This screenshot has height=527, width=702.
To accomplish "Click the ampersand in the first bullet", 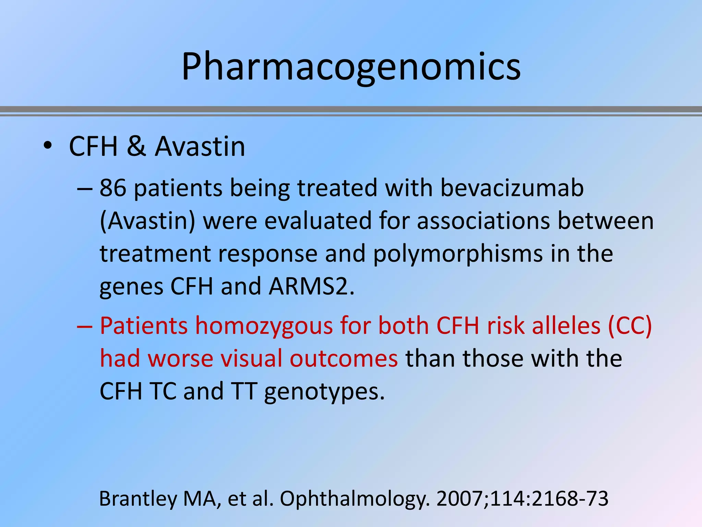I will coord(136,147).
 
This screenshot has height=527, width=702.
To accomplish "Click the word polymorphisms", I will coord(458,255).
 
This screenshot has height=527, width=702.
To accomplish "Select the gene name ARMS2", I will coord(311,286).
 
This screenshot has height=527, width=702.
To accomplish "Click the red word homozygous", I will coord(264,326).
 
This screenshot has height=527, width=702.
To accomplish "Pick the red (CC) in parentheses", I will coord(630,326).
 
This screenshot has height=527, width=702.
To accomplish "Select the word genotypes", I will coord(324,392).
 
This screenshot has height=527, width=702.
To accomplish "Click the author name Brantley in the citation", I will coord(138,499).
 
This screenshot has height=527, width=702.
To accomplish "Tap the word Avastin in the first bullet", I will coord(200,147).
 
